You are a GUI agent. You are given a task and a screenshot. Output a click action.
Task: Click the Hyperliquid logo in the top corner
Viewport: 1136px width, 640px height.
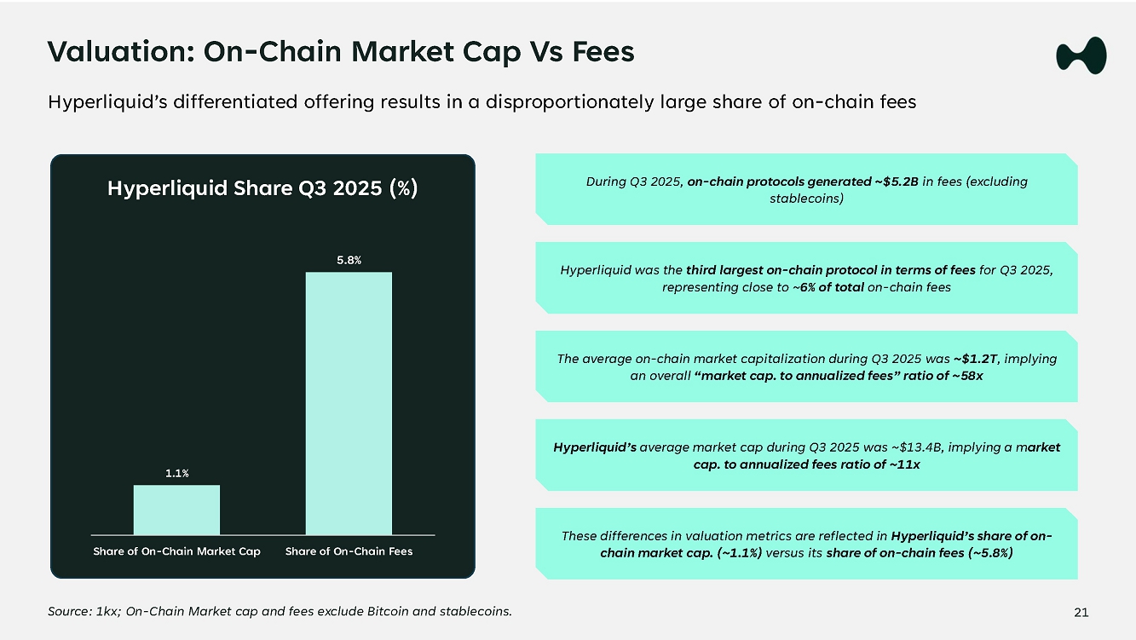pyautogui.click(x=1081, y=55)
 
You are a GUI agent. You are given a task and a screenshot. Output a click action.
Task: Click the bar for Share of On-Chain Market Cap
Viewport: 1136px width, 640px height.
pyautogui.click(x=176, y=510)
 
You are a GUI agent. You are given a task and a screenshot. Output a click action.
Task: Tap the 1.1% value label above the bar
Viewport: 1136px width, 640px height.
pyautogui.click(x=176, y=473)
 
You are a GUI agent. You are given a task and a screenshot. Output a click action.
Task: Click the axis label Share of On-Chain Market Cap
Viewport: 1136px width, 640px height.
pyautogui.click(x=176, y=551)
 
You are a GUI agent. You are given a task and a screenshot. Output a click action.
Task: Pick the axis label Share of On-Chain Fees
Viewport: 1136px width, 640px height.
pyautogui.click(x=349, y=551)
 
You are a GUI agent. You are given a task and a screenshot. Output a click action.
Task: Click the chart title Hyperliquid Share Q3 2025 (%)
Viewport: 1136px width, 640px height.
pyautogui.click(x=262, y=187)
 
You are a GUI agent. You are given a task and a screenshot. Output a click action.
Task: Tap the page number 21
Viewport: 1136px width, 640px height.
pyautogui.click(x=1081, y=612)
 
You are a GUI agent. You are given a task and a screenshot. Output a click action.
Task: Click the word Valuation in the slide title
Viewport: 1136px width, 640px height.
pyautogui.click(x=108, y=52)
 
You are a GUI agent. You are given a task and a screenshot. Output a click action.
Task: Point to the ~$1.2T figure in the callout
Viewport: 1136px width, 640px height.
pyautogui.click(x=971, y=359)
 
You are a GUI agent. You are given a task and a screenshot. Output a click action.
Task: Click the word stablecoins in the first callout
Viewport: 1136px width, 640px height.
pyautogui.click(x=806, y=199)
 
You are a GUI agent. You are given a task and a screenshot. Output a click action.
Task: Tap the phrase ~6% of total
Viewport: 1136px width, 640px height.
pyautogui.click(x=827, y=287)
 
